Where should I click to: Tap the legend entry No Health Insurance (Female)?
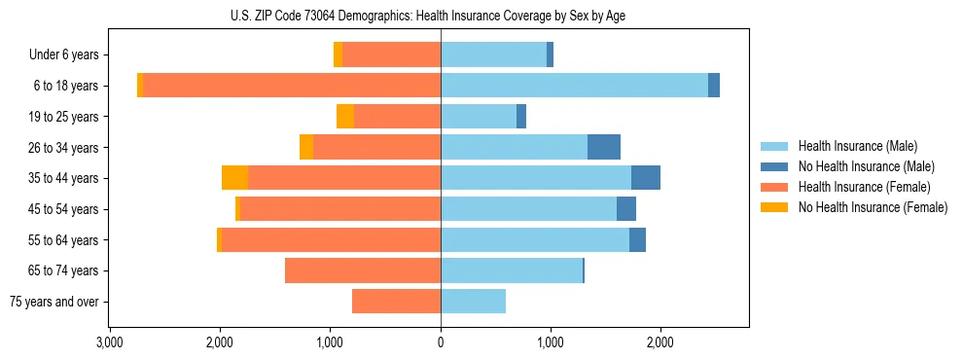click(873, 207)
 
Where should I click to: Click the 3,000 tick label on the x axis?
click(109, 342)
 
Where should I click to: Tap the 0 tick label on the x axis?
click(441, 342)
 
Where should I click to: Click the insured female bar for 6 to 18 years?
click(292, 86)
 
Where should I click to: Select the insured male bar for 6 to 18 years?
click(574, 86)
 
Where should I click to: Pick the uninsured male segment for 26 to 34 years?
click(604, 147)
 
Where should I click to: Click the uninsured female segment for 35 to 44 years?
click(234, 178)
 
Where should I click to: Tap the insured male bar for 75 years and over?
click(473, 302)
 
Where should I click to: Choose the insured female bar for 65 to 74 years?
click(363, 270)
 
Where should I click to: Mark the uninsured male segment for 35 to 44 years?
click(646, 178)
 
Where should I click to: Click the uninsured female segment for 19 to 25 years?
click(345, 117)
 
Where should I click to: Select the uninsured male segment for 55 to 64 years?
click(637, 239)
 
